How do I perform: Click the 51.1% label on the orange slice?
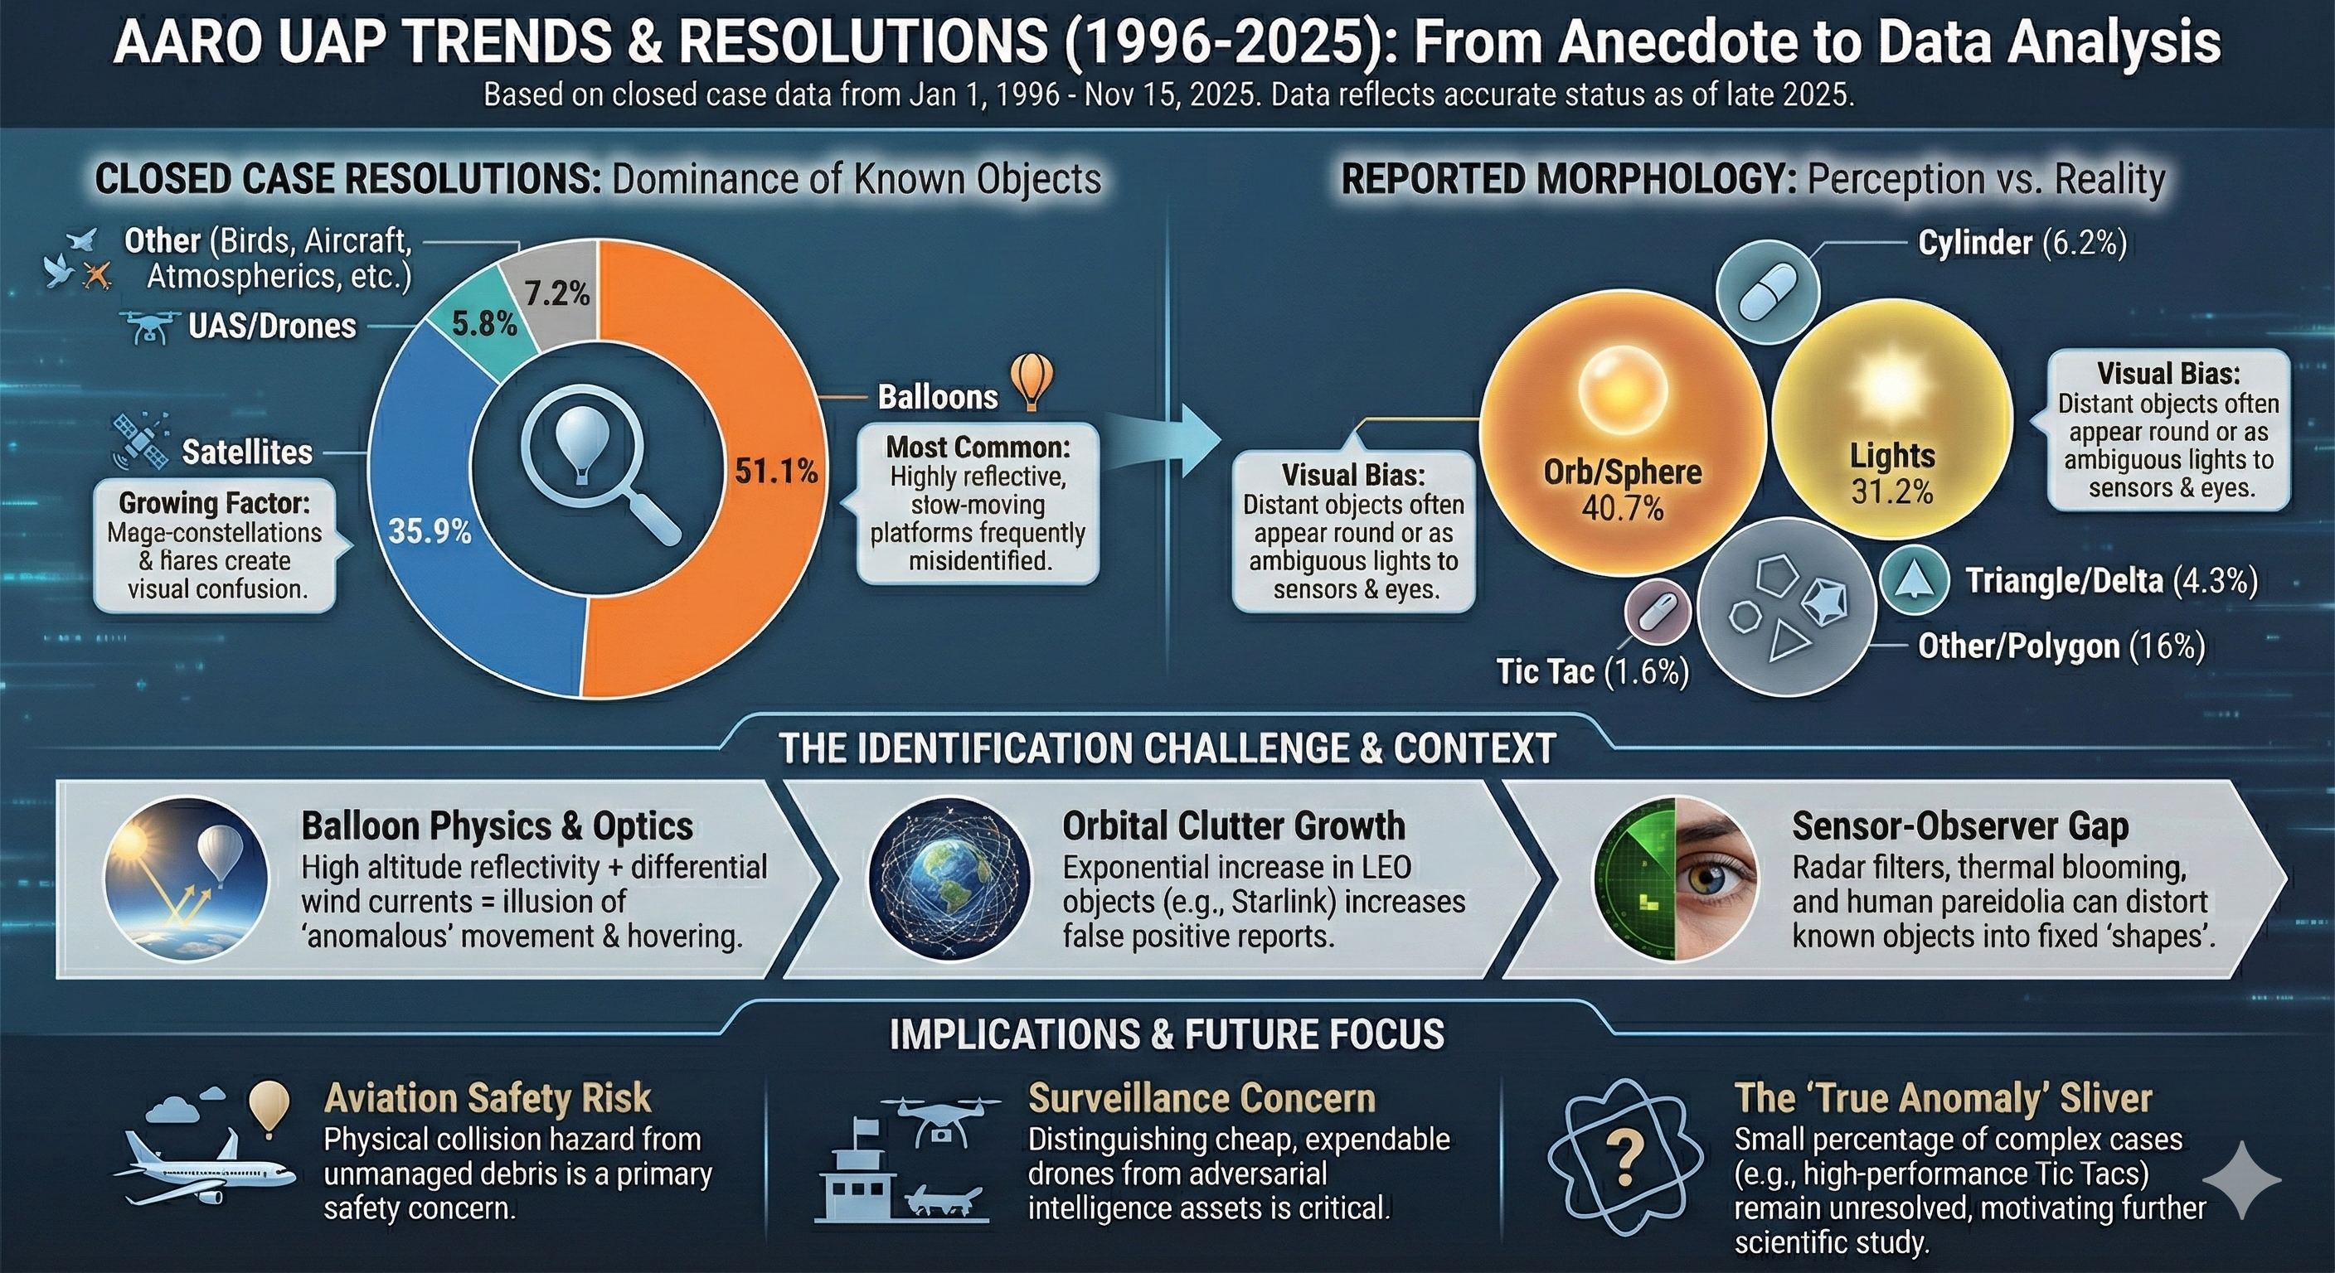coord(776,470)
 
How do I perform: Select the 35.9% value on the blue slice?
coord(430,531)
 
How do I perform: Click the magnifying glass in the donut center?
coord(598,462)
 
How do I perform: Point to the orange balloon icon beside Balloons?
coord(1032,380)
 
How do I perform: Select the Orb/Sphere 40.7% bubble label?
coord(1623,489)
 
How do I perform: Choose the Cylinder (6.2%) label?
coord(2022,243)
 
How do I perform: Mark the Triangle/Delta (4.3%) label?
coord(2111,580)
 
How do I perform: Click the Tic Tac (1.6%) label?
coord(1593,671)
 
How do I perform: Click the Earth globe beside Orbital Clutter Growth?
coord(949,878)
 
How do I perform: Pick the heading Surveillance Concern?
coord(1201,1098)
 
